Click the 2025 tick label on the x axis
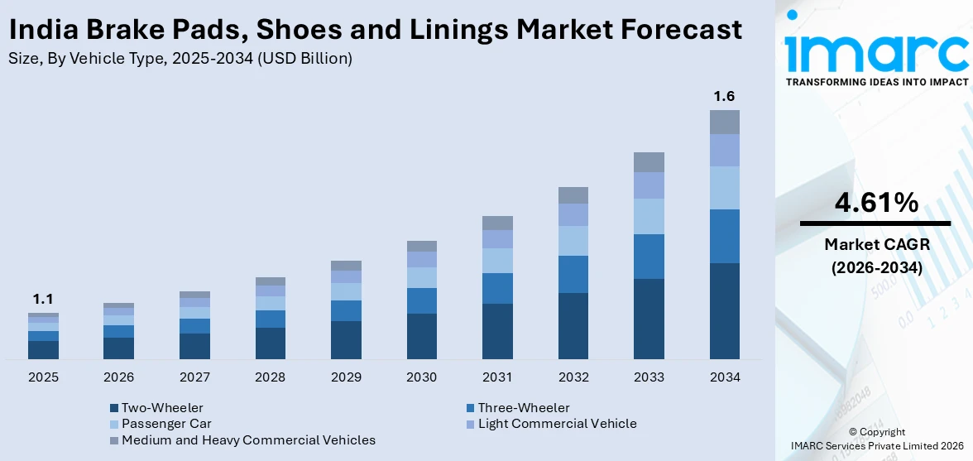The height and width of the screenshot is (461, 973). coord(43,377)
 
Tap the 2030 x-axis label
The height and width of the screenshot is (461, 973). coord(421,377)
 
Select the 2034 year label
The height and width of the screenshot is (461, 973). coord(724,377)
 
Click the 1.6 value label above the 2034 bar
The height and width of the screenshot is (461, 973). coord(724,97)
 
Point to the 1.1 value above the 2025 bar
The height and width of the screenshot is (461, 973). coord(43,300)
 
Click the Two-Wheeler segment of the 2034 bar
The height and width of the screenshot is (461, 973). coord(724,311)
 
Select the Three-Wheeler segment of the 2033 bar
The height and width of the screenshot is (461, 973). coord(649,257)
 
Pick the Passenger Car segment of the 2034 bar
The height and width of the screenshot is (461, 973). coord(724,188)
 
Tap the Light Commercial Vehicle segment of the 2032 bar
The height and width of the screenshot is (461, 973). coord(573,215)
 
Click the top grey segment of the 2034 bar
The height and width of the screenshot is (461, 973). coord(724,122)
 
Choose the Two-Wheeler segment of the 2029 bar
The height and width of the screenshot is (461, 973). coord(346,340)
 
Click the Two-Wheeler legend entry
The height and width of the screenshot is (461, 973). coord(161,408)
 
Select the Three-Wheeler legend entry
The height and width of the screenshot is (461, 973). coord(523,408)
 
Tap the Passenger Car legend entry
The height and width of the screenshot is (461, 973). coord(165,424)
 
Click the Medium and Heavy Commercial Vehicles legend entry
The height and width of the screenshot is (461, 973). coord(247,440)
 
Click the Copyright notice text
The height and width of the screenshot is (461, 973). coord(876,432)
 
